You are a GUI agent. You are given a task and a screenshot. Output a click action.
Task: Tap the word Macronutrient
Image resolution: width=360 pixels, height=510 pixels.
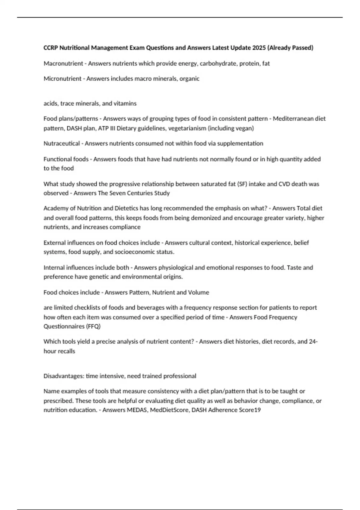(x=63, y=63)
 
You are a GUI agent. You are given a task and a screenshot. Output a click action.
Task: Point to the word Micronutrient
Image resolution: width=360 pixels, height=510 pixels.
(x=62, y=79)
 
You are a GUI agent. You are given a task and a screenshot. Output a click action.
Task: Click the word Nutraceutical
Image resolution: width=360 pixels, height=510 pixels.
(x=61, y=143)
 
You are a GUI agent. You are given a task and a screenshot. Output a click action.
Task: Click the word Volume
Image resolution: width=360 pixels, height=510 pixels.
(x=198, y=292)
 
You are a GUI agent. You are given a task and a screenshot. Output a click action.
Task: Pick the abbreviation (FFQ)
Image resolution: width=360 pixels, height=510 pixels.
(x=93, y=326)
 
